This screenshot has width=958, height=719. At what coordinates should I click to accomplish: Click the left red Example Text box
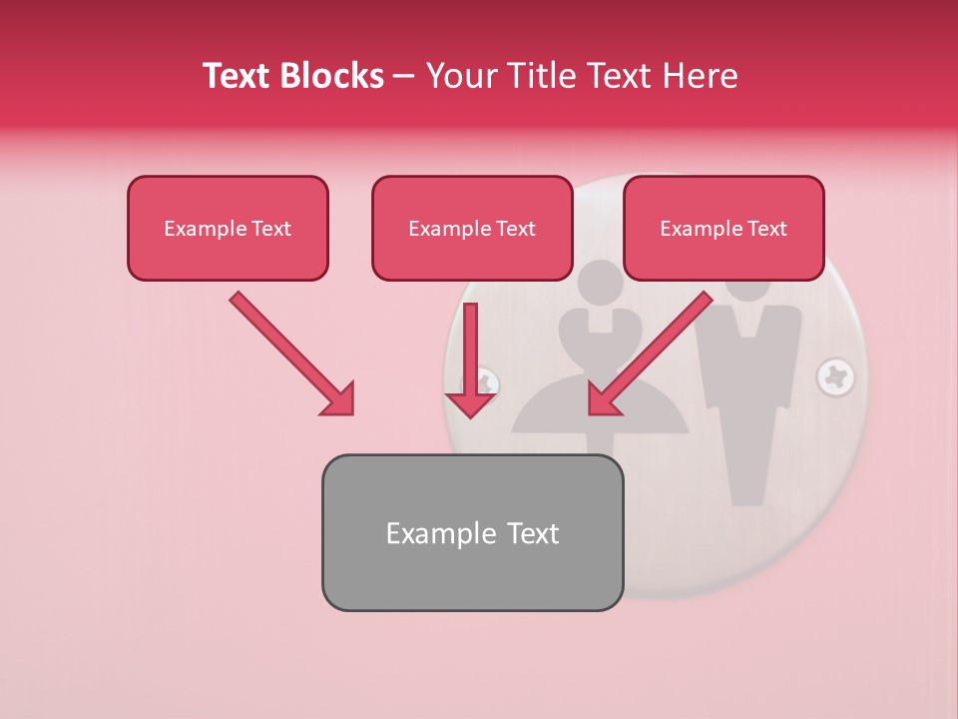click(x=228, y=228)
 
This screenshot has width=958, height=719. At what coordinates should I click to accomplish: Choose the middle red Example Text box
click(x=472, y=228)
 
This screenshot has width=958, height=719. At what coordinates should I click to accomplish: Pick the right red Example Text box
click(x=723, y=228)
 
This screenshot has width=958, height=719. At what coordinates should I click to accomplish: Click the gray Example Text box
click(x=472, y=532)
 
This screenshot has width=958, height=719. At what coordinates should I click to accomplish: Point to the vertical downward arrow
click(x=470, y=359)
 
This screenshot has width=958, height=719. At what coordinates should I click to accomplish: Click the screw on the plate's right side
click(x=835, y=377)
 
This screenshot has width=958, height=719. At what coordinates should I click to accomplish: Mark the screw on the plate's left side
click(x=487, y=380)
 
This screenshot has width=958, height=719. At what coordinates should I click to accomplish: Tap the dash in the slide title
click(x=404, y=76)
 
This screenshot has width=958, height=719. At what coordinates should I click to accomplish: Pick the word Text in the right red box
click(x=766, y=229)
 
